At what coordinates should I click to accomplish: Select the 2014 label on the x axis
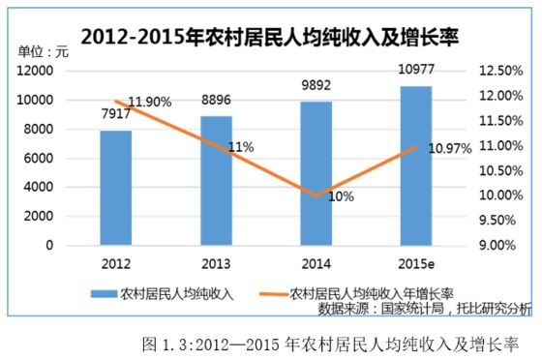pyautogui.click(x=316, y=263)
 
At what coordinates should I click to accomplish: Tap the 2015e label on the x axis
pyautogui.click(x=416, y=263)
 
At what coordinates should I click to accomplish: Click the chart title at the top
pyautogui.click(x=271, y=37)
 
